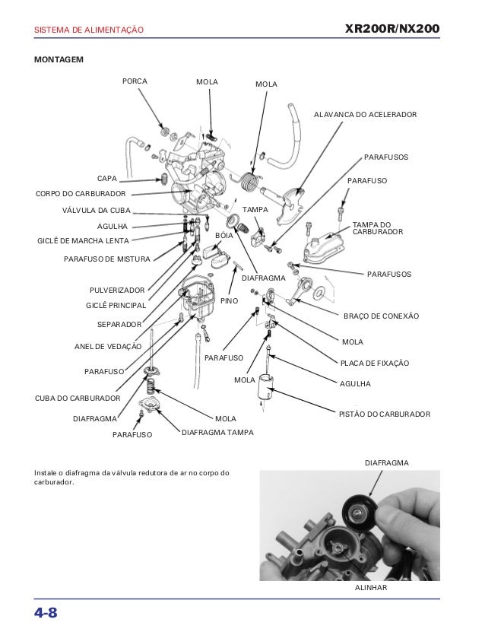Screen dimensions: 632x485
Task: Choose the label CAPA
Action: [x=106, y=179]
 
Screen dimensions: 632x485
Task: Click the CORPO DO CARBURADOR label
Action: [x=81, y=194]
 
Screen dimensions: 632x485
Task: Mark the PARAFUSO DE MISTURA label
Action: [x=107, y=259]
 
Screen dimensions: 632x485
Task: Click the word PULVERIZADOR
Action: [x=116, y=291]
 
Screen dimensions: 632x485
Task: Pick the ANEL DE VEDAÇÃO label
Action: [x=108, y=346]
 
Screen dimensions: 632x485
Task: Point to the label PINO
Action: [x=229, y=301]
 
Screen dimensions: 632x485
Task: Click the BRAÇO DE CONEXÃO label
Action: [x=381, y=316]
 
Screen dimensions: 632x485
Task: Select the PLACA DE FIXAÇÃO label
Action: [x=374, y=364]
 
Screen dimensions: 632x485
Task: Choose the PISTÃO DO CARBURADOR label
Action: [x=384, y=414]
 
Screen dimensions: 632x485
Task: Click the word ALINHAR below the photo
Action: [x=372, y=589]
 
